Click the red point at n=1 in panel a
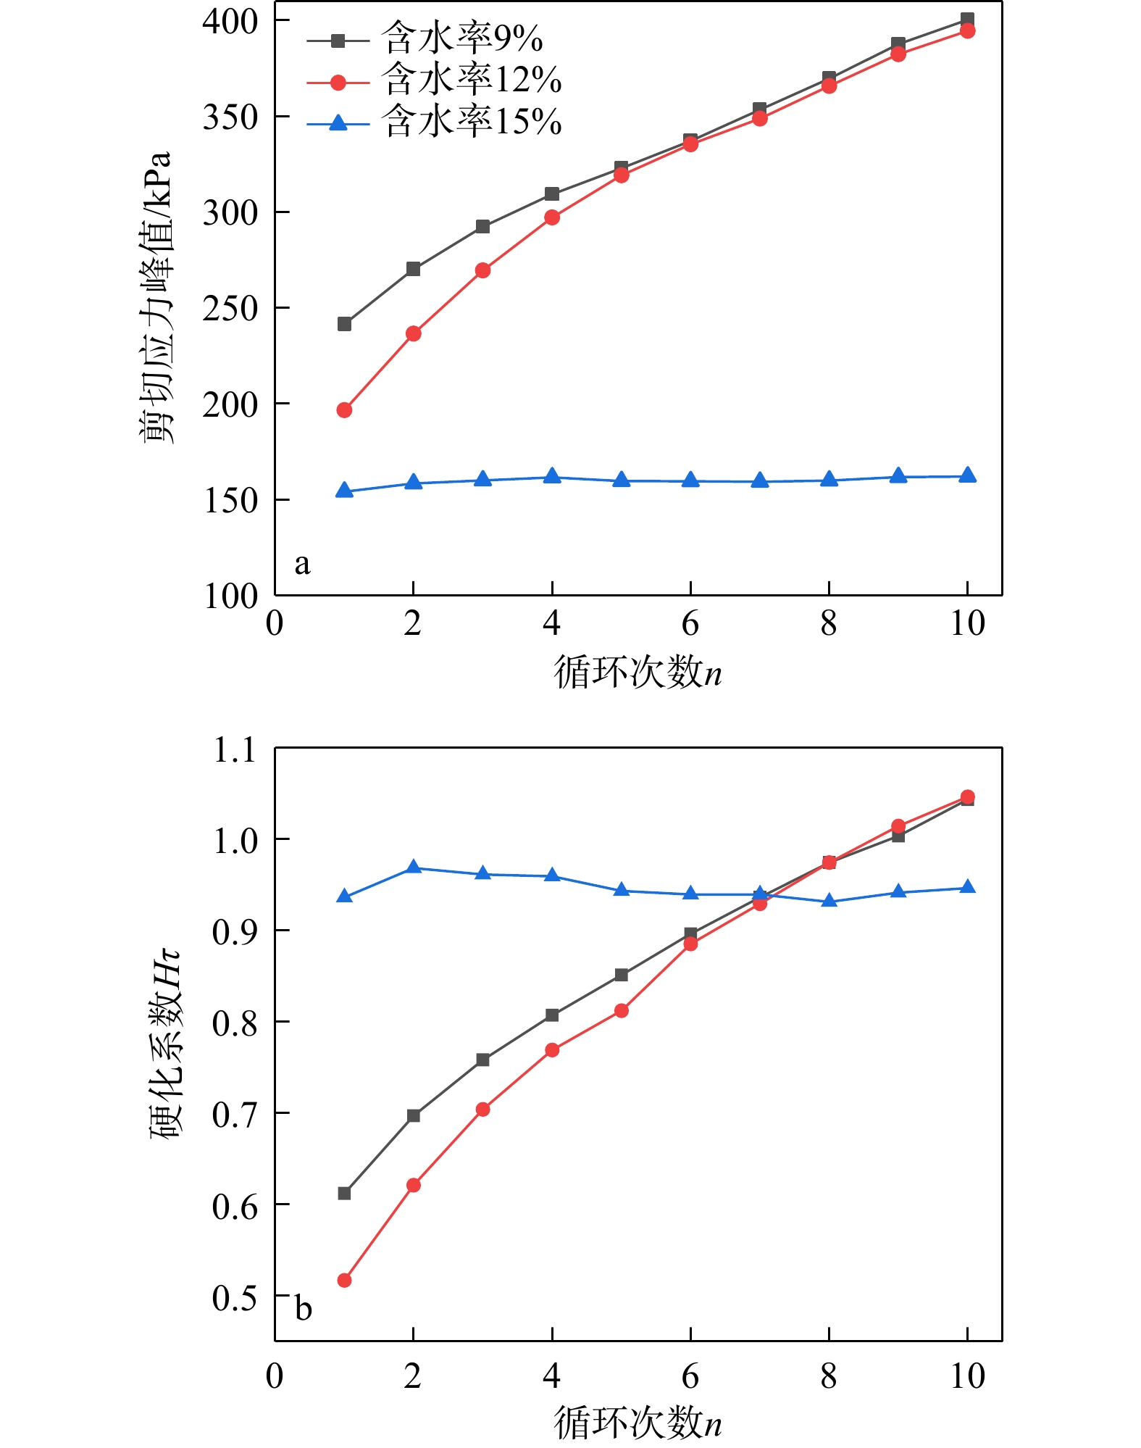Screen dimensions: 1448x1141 click(x=344, y=410)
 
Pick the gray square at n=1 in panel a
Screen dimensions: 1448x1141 click(x=344, y=324)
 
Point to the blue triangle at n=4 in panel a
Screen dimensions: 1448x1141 click(x=552, y=476)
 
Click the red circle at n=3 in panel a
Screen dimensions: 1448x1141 click(x=482, y=270)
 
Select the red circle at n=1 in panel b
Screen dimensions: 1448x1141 click(x=344, y=1281)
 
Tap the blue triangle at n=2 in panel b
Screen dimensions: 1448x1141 click(x=413, y=867)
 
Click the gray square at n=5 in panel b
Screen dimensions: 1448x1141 click(x=621, y=975)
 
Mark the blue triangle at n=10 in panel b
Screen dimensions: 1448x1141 click(x=967, y=887)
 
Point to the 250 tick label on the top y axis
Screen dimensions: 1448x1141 click(x=230, y=309)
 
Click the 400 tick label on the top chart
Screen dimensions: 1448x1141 click(x=230, y=22)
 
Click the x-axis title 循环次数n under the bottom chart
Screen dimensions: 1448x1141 click(x=638, y=1422)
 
